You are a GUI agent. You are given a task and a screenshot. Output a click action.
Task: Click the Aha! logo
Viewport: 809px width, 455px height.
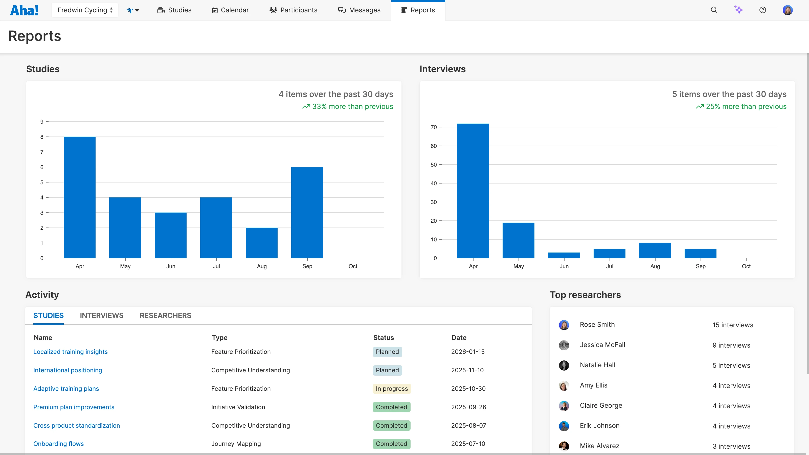tap(24, 10)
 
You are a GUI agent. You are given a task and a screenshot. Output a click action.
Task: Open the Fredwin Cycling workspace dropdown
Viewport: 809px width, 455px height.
tap(85, 10)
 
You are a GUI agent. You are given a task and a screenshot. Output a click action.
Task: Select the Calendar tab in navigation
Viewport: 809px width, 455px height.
tap(230, 10)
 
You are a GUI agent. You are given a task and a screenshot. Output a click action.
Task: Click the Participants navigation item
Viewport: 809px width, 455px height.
tap(293, 10)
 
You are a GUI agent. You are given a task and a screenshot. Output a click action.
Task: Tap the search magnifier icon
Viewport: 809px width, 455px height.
tap(714, 10)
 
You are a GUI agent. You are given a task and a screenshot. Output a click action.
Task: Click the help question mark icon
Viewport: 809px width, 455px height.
tap(762, 10)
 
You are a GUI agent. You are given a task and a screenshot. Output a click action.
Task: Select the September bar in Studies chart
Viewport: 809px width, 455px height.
tap(307, 212)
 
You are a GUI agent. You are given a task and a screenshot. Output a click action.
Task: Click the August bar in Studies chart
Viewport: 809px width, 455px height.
tap(261, 243)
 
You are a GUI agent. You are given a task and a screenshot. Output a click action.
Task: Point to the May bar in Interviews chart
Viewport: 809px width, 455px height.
tap(518, 240)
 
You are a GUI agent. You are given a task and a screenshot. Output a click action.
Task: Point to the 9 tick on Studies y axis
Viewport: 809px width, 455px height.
tap(42, 122)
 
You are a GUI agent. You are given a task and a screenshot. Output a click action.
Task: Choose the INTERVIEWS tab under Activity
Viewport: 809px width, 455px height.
tap(101, 315)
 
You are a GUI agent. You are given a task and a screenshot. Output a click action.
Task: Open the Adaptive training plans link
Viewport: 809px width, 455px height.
tap(66, 389)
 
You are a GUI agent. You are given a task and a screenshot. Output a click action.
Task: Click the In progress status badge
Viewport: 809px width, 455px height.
tap(392, 389)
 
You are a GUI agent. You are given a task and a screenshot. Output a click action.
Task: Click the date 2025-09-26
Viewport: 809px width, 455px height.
tap(468, 407)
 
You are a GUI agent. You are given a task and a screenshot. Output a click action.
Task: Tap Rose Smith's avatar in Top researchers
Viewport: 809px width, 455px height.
tap(564, 325)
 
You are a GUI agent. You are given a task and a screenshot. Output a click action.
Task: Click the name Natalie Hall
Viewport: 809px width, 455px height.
tap(597, 365)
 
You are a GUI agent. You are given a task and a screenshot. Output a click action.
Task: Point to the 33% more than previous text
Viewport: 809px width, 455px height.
tap(352, 106)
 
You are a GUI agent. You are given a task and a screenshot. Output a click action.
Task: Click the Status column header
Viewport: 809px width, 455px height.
tap(383, 337)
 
